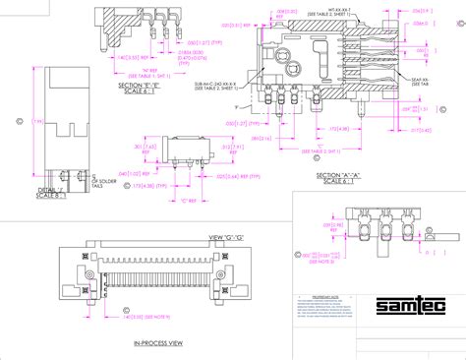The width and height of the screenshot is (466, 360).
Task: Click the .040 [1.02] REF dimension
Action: tap(143, 173)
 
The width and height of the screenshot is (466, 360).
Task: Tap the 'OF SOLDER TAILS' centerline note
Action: tap(103, 182)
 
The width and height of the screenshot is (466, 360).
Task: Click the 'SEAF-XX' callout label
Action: tap(420, 80)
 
